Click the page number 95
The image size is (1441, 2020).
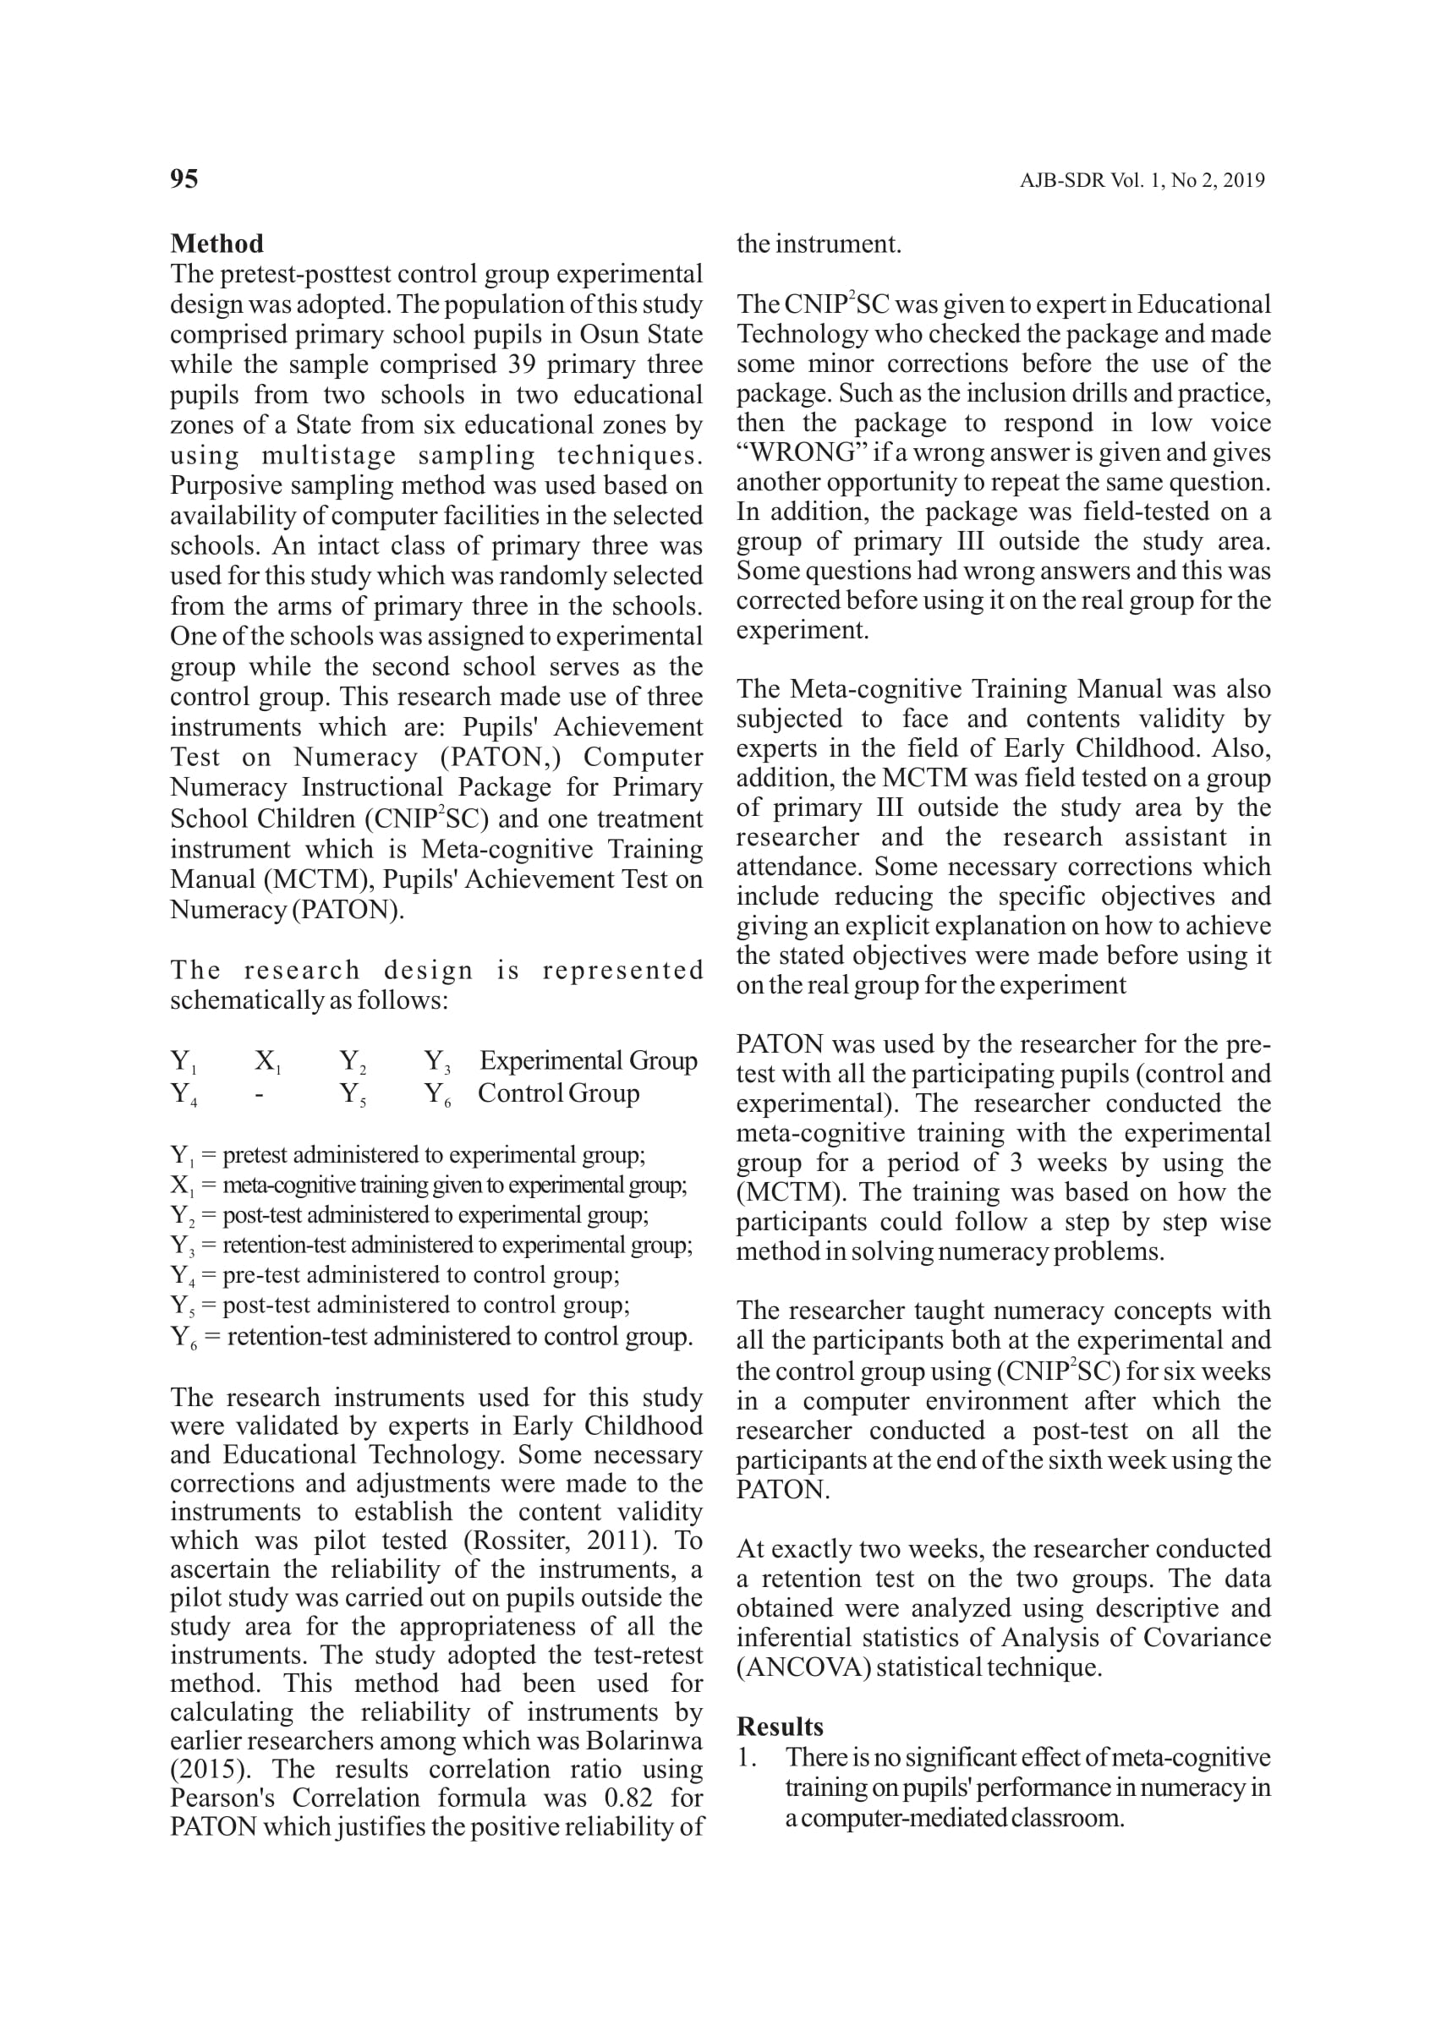click(x=184, y=179)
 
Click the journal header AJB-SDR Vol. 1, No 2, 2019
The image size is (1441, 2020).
click(x=1141, y=181)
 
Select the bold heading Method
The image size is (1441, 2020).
click(x=216, y=244)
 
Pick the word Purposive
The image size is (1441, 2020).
click(x=228, y=485)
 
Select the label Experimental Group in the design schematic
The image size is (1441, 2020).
click(x=589, y=1060)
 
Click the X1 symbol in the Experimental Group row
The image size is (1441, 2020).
click(x=267, y=1062)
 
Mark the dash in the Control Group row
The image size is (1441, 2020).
click(x=258, y=1094)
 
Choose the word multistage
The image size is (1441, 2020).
click(x=329, y=455)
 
